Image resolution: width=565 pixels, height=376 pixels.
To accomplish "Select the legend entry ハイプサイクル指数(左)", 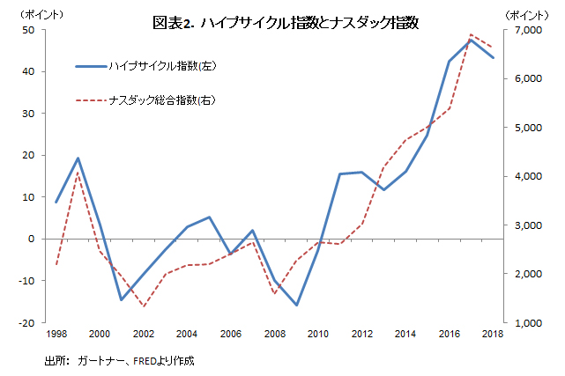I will [159, 66].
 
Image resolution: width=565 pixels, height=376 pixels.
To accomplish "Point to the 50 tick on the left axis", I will [28, 30].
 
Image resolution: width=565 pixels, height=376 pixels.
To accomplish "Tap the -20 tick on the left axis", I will [26, 322].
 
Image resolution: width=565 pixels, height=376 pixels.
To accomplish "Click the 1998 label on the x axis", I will [56, 334].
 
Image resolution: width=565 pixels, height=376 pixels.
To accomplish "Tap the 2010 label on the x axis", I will [319, 334].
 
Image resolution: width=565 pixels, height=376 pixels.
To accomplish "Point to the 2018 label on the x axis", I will [493, 334].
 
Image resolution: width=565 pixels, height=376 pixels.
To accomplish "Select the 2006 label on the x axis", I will [231, 334].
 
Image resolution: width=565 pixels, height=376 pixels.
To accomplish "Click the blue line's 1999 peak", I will [78, 159].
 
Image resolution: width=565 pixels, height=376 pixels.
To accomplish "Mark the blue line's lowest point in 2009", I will [296, 306].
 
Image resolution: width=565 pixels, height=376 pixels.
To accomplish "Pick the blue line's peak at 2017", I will [471, 40].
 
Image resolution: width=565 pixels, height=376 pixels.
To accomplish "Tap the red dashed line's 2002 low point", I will [144, 306].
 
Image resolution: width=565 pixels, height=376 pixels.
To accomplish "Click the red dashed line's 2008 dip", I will [274, 293].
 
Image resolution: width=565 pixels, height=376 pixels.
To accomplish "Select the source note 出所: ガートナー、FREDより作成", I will [118, 361].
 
